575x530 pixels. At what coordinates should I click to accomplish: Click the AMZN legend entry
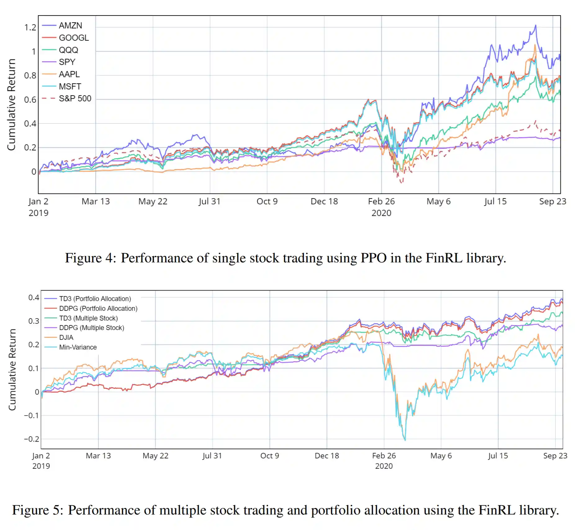coord(70,25)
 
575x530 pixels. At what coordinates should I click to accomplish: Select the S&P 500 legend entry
coord(75,99)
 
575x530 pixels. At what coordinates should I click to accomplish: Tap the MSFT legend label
coord(70,87)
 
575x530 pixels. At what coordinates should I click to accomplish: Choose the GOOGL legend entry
coord(74,38)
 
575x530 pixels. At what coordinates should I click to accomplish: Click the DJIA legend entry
coord(66,337)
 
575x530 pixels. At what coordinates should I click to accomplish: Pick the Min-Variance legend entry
coord(78,347)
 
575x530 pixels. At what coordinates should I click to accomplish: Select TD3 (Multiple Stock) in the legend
coord(88,318)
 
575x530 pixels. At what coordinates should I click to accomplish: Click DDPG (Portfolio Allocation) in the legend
coord(98,309)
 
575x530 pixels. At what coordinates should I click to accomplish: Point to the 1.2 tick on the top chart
coord(30,28)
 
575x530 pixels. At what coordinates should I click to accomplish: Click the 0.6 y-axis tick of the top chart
coord(30,100)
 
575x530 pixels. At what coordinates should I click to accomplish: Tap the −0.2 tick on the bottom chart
coord(32,439)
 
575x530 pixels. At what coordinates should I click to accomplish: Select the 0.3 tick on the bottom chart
coord(34,321)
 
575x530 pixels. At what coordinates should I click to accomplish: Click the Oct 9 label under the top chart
coord(267,202)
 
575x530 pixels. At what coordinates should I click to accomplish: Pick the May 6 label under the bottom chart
coord(441,456)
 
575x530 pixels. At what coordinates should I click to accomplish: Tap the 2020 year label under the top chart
coord(381,213)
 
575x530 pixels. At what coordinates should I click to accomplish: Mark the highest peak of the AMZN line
coord(535,25)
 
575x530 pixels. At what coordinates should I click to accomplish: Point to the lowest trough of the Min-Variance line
coord(405,440)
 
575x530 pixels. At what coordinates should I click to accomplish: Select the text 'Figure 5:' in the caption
coord(38,510)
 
